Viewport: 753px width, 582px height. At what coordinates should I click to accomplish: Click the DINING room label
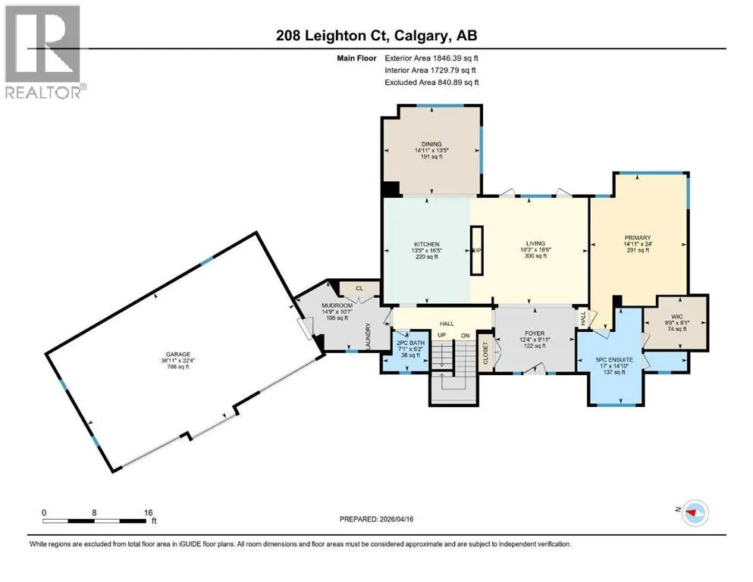click(x=431, y=144)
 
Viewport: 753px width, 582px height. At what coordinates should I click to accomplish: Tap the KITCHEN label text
click(x=426, y=244)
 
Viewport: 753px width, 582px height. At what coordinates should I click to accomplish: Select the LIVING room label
click(x=535, y=243)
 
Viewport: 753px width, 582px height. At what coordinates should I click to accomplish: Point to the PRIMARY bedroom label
click(x=638, y=237)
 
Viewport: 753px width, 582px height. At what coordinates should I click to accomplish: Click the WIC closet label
click(x=677, y=317)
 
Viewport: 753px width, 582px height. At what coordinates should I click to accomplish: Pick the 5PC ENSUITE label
click(x=614, y=359)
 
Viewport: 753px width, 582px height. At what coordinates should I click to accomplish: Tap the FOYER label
click(x=535, y=333)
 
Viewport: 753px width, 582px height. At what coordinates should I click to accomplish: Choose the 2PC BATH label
click(x=410, y=343)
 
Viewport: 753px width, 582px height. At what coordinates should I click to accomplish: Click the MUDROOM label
click(x=337, y=305)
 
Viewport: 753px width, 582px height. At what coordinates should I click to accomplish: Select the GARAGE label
click(x=177, y=354)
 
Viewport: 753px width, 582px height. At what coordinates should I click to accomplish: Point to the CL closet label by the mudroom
click(x=359, y=289)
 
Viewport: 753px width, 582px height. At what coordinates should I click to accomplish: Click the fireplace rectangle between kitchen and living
click(x=477, y=250)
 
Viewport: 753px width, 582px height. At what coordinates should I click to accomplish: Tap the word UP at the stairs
click(x=442, y=335)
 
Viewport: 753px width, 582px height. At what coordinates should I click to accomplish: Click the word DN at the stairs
click(x=465, y=336)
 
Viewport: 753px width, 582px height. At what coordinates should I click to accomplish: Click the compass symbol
click(x=694, y=512)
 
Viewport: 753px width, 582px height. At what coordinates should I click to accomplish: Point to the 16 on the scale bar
click(x=148, y=512)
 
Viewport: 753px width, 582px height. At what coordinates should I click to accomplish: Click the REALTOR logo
click(x=45, y=52)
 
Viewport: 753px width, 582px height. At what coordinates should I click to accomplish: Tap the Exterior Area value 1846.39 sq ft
click(x=456, y=58)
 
